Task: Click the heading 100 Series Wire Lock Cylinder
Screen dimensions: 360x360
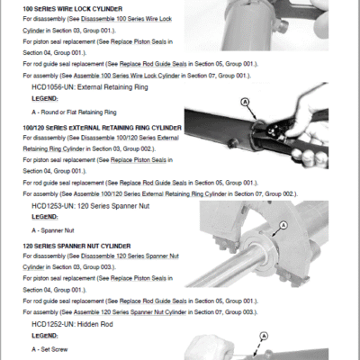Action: coord(72,9)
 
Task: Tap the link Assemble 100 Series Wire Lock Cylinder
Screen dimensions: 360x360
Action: coord(127,76)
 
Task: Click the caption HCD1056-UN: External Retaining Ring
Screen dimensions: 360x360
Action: coord(90,87)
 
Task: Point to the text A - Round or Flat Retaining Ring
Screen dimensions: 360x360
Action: coord(74,112)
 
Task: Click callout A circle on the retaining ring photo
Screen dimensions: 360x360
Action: coord(246,103)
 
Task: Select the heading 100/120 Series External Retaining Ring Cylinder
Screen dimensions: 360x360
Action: coord(102,128)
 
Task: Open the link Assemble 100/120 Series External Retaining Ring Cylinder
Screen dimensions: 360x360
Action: coord(150,194)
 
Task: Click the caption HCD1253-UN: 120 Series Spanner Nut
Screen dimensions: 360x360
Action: coord(90,206)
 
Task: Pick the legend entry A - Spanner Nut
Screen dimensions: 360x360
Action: coord(53,230)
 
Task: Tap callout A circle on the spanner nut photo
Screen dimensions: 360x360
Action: coord(283,225)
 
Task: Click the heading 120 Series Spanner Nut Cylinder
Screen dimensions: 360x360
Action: coord(76,247)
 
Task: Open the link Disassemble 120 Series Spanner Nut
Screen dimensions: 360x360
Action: coord(130,256)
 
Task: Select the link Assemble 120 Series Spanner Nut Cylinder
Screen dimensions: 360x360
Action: coord(130,312)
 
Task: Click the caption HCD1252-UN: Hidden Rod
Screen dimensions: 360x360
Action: coord(72,324)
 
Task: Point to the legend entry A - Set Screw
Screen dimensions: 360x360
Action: coord(49,349)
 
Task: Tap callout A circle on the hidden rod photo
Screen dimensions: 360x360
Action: coord(264,336)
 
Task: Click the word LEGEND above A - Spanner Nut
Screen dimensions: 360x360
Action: coord(45,217)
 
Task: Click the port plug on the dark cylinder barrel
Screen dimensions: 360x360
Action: coord(232,143)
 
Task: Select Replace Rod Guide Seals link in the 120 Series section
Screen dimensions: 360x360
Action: coord(153,301)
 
